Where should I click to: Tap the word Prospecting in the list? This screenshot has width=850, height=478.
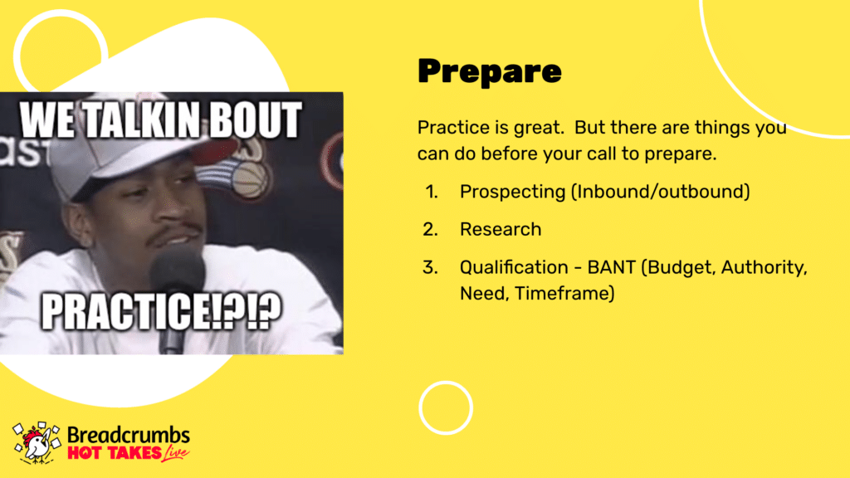click(x=512, y=192)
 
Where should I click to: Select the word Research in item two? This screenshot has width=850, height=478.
click(x=501, y=229)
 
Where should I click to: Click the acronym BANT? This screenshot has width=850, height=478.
click(x=612, y=267)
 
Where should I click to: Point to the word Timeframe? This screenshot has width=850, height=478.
click(x=564, y=293)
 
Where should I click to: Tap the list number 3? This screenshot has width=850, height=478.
click(x=430, y=267)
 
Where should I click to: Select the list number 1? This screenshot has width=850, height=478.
click(x=431, y=192)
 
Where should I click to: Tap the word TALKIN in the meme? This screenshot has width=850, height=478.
click(x=143, y=119)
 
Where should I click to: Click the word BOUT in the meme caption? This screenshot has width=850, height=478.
click(x=255, y=119)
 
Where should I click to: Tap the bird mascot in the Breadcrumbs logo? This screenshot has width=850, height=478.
click(x=37, y=443)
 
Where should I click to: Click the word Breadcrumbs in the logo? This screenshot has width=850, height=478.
click(x=129, y=435)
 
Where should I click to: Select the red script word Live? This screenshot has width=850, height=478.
click(x=176, y=453)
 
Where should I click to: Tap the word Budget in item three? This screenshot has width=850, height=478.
click(x=680, y=268)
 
